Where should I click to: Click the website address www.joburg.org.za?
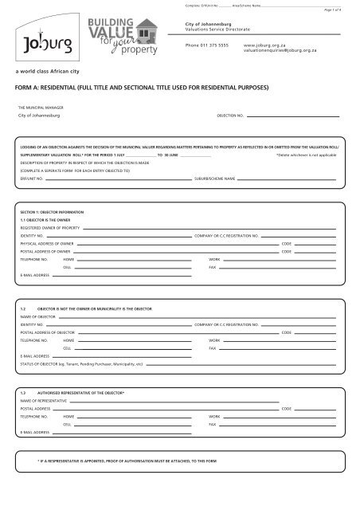coord(265,46)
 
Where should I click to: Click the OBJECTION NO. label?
coord(230,116)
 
